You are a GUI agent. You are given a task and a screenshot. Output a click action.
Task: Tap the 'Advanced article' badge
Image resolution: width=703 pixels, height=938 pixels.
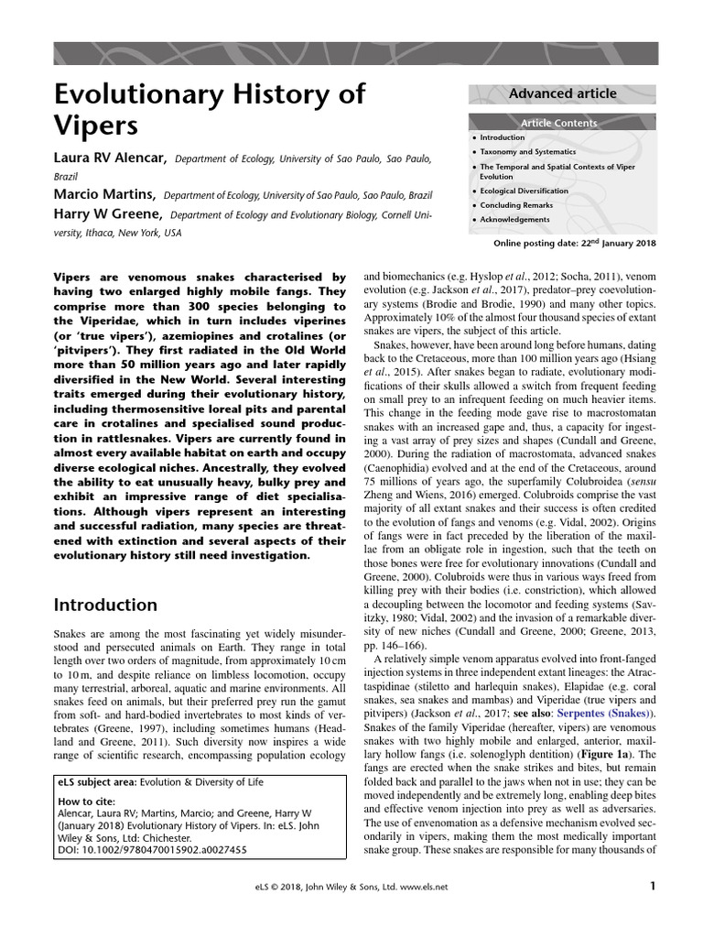click(x=562, y=93)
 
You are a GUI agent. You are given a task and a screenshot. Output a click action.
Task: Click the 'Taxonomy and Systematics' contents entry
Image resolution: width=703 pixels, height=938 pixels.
click(x=528, y=151)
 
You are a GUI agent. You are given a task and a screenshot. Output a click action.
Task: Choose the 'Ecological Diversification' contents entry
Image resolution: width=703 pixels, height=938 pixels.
click(x=524, y=191)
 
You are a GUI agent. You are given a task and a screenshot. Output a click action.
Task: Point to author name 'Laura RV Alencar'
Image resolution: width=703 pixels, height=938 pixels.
click(x=110, y=158)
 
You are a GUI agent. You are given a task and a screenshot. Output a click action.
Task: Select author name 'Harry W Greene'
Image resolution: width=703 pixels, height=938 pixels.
click(x=109, y=214)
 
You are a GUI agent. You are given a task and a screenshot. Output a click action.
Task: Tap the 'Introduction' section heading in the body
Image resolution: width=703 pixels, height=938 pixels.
click(x=105, y=605)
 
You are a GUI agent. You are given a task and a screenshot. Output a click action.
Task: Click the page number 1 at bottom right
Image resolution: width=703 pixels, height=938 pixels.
click(x=653, y=886)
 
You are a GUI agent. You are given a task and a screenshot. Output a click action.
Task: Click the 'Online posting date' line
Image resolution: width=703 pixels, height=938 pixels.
click(x=575, y=243)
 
